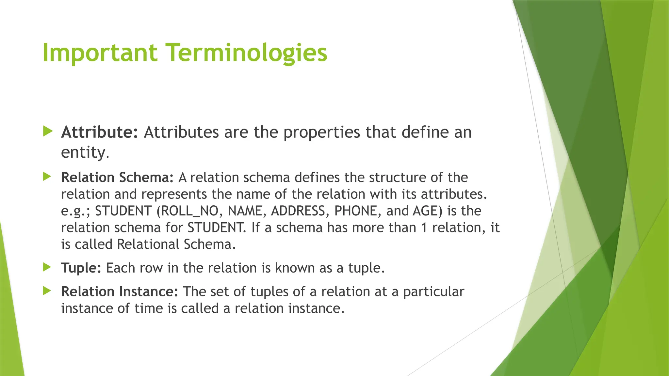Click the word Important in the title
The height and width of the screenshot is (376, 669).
coord(100,53)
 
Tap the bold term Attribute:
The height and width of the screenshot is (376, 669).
coord(100,132)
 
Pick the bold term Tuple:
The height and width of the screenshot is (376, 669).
coord(81,268)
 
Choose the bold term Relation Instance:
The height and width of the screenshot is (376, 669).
coord(120,291)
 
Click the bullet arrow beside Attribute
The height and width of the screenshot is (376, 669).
coord(48,132)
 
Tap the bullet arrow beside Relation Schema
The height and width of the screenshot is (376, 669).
coord(47,177)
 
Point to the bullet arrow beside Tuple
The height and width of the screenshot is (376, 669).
coord(47,267)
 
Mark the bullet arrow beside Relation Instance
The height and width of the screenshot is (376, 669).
coord(47,291)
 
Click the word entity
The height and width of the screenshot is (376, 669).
coord(83,152)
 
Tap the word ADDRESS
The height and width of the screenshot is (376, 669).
coord(298,211)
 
